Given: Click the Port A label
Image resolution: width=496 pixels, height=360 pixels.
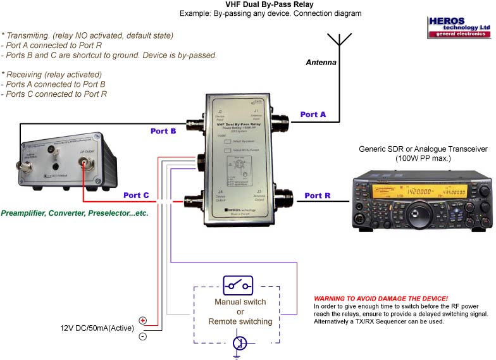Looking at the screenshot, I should click(x=313, y=115).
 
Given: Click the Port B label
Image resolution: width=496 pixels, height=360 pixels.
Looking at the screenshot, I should click(x=163, y=132).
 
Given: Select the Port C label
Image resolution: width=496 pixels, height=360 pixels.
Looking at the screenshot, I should click(x=136, y=196).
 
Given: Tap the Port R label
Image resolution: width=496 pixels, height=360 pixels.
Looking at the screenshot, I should click(x=317, y=196).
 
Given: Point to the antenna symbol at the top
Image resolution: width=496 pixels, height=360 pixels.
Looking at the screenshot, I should click(x=340, y=39).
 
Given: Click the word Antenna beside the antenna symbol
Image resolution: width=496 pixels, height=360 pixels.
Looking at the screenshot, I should click(x=321, y=63).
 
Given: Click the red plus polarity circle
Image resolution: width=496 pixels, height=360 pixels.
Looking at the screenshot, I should click(x=143, y=321).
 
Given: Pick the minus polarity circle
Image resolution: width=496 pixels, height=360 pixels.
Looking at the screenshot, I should click(x=143, y=336).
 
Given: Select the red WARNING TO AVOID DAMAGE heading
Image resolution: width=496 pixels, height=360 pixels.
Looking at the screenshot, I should click(x=381, y=298).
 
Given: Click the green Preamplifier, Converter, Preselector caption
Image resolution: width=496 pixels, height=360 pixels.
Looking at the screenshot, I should click(x=75, y=214).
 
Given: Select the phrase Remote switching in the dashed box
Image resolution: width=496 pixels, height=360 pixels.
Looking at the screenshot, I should click(x=240, y=321).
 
